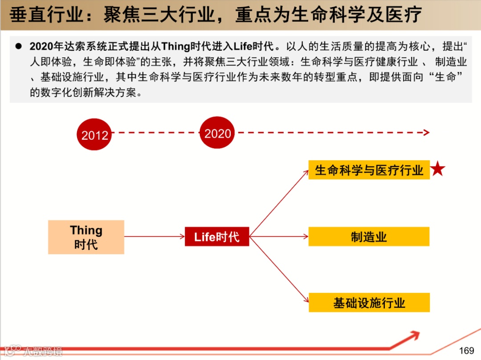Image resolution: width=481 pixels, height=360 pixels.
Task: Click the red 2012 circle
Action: click(x=94, y=134)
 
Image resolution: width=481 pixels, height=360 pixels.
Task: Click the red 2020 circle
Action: click(x=217, y=133)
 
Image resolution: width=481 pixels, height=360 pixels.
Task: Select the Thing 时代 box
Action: click(x=86, y=237)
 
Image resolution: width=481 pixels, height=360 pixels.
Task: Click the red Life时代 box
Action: click(x=217, y=237)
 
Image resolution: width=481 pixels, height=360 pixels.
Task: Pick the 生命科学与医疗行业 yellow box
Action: click(x=369, y=170)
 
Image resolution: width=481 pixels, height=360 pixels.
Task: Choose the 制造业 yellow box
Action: click(x=369, y=237)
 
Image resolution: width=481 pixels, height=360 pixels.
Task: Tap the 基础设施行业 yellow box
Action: click(x=369, y=303)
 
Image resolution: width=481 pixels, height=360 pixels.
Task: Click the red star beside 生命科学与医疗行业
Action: click(x=438, y=169)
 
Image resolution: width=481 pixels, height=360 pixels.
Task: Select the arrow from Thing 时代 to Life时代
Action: click(x=154, y=237)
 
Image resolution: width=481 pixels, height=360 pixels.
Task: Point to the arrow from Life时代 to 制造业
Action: click(x=279, y=237)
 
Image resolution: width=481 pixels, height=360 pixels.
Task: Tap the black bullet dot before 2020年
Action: click(x=19, y=46)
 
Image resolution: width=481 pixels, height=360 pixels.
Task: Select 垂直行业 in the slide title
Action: click(x=46, y=15)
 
